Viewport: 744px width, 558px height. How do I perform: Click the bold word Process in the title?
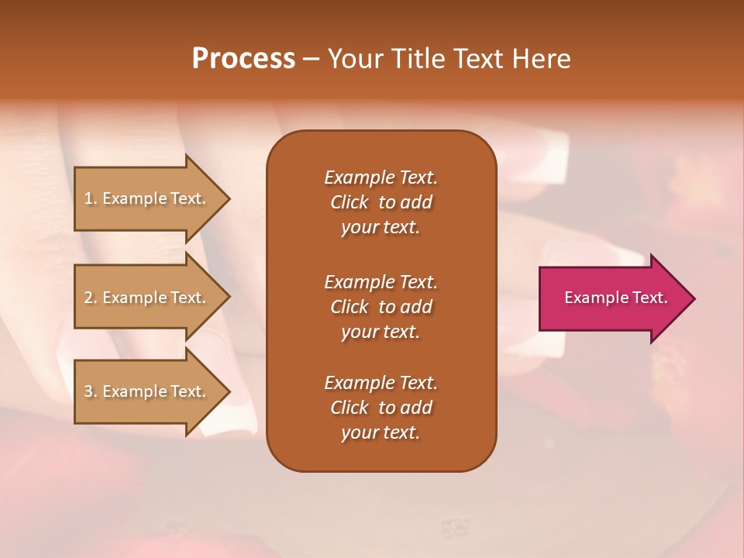click(x=243, y=59)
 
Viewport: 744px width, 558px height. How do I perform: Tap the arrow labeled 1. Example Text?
click(x=147, y=198)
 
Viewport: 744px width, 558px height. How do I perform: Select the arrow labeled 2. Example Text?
click(x=147, y=298)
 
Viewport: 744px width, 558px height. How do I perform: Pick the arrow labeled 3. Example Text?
click(x=147, y=391)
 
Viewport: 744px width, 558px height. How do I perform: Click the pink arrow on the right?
click(x=612, y=298)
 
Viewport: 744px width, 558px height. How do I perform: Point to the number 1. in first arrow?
click(x=90, y=198)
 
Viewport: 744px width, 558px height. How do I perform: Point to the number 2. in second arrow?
click(x=90, y=298)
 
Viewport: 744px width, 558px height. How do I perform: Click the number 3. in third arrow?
click(x=90, y=391)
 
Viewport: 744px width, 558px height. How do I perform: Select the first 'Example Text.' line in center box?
click(x=381, y=177)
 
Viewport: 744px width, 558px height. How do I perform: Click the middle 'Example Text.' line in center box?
click(x=381, y=281)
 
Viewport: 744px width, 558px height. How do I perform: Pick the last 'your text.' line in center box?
click(x=381, y=432)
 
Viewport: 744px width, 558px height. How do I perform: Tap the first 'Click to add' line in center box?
click(x=381, y=202)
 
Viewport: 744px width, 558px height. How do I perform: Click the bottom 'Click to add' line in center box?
click(x=381, y=408)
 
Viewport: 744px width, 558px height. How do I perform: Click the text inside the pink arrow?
click(x=615, y=298)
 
